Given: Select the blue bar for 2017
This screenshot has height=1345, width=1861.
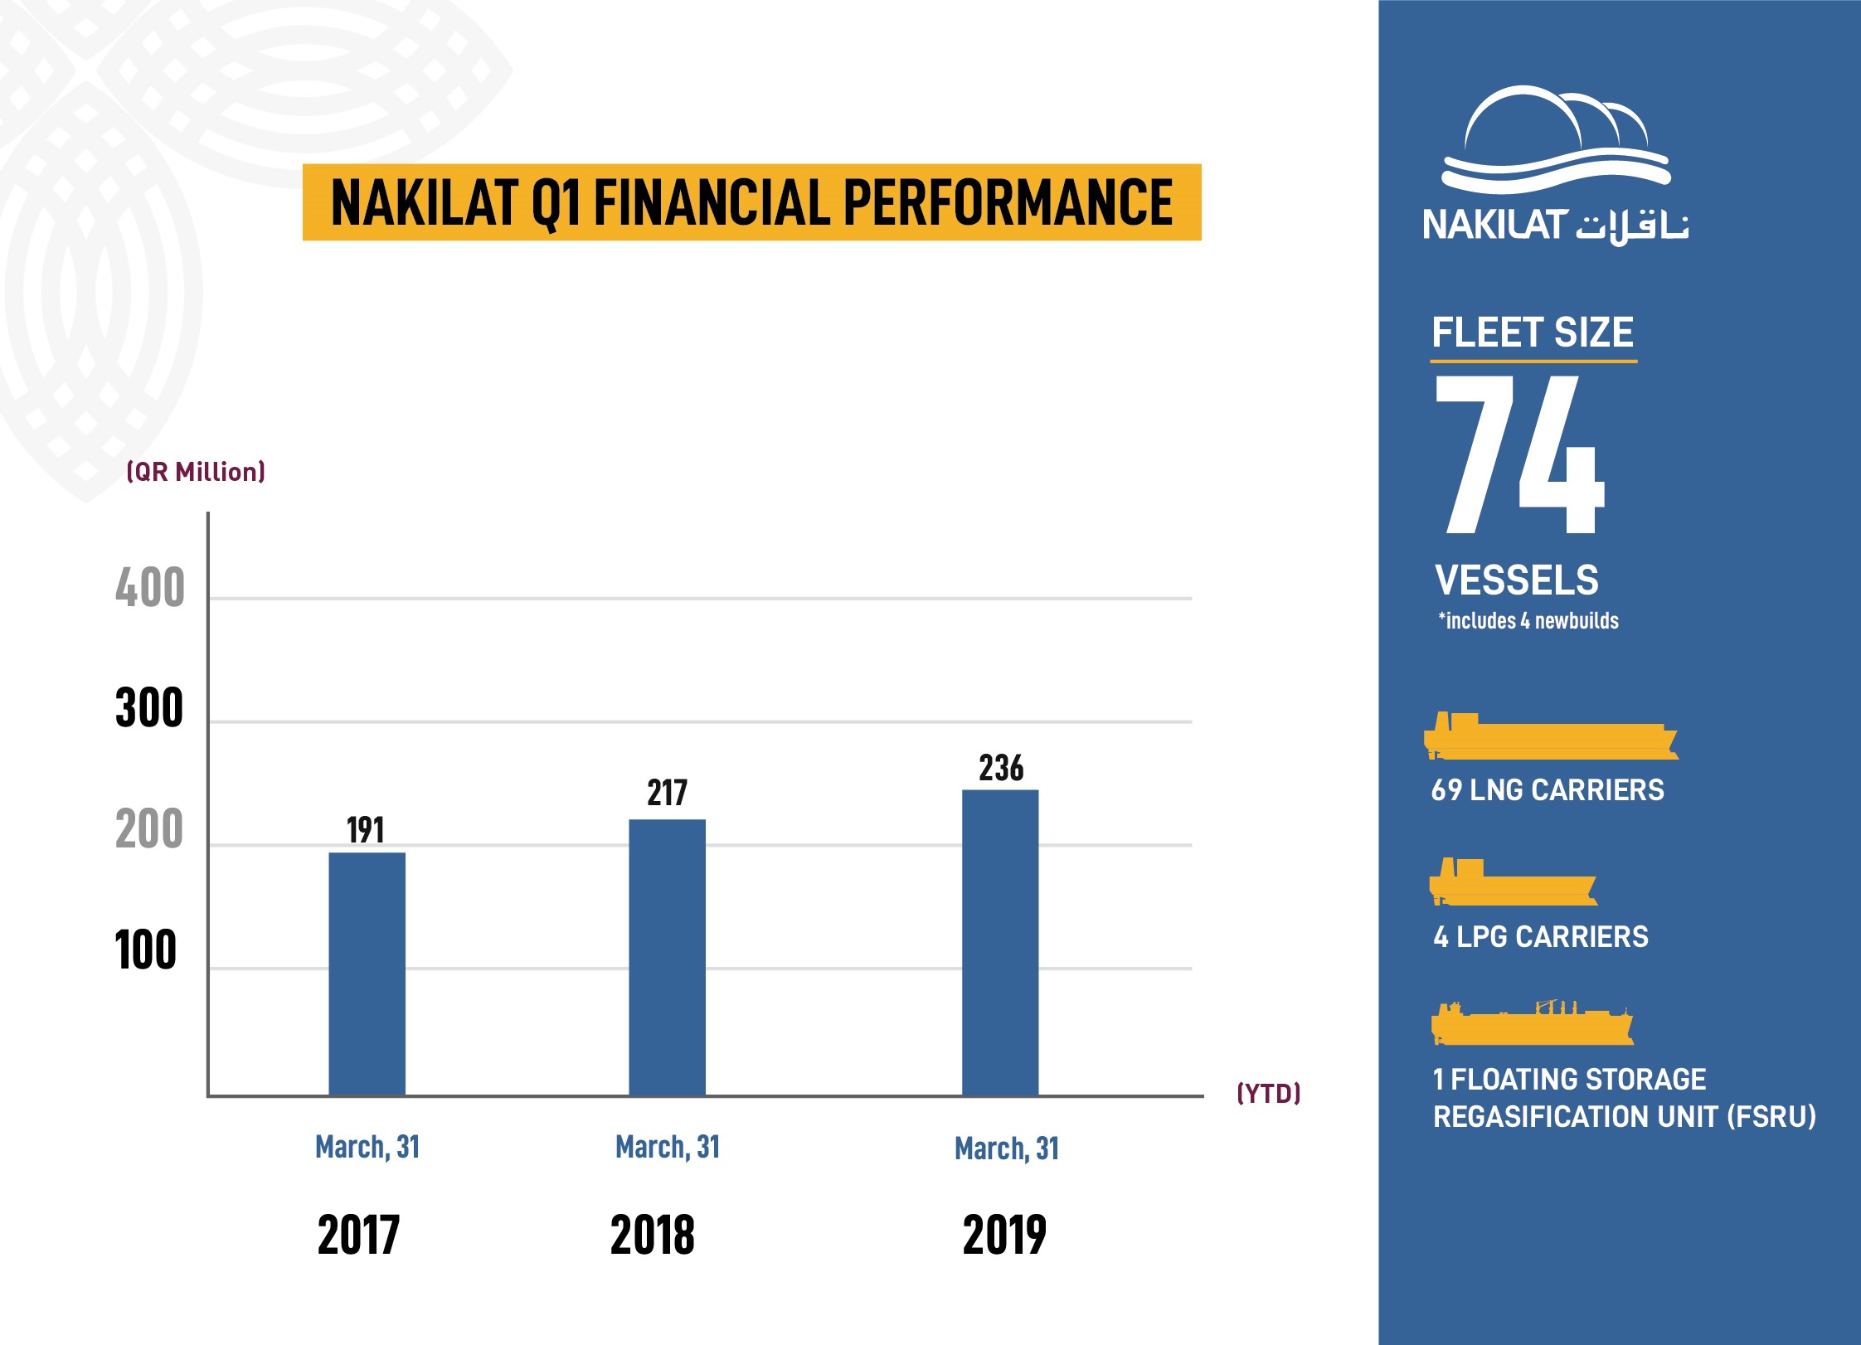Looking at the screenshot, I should pos(367,974).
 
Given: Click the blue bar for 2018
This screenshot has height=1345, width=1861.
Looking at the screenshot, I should pos(667,957).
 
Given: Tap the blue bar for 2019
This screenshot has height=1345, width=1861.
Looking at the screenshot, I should pos(999,942).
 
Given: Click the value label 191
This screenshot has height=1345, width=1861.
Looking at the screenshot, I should pos(365,830).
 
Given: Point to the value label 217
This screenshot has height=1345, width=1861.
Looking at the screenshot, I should pos(667,793).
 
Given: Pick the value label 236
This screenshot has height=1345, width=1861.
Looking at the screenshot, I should pos(1001,768).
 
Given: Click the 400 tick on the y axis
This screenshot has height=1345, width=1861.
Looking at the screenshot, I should pos(150,588).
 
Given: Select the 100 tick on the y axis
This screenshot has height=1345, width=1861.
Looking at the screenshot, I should pos(146,950).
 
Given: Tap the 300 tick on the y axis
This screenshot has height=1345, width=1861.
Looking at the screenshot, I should pos(149,708).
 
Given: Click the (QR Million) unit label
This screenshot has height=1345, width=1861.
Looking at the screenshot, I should pos(196,472).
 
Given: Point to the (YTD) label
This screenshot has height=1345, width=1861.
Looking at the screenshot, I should pos(1268,1093).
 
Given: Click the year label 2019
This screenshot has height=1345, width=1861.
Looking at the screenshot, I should pos(1004,1235).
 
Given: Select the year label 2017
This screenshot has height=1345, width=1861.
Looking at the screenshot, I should pos(358,1235).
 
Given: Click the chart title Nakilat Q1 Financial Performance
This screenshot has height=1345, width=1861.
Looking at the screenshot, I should pos(751,202).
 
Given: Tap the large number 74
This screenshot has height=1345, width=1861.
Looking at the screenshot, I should pos(1519,454).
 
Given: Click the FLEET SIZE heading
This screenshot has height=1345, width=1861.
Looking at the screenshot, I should pos(1532,333).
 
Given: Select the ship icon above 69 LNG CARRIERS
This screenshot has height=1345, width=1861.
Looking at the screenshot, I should pos(1549,736).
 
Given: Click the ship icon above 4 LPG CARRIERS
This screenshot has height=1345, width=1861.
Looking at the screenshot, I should pos(1512,882).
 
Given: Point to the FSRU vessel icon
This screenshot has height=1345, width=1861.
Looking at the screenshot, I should pos(1532,1024).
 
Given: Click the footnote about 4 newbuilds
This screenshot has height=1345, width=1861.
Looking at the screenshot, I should pos(1528,620).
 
